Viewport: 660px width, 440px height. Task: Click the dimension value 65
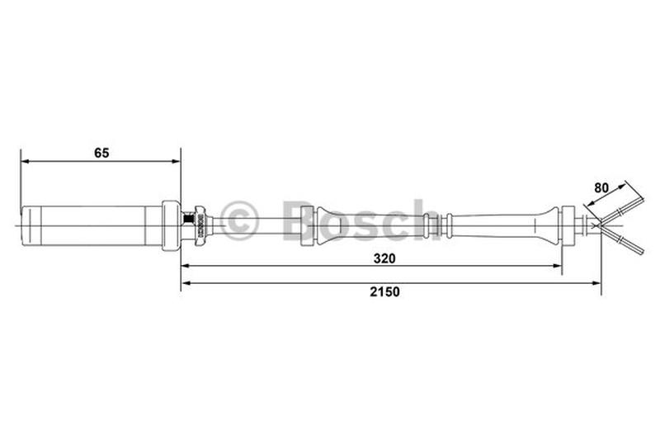pos(101,153)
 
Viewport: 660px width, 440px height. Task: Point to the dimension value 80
pos(601,187)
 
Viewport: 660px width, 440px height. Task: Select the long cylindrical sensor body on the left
pos(91,224)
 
